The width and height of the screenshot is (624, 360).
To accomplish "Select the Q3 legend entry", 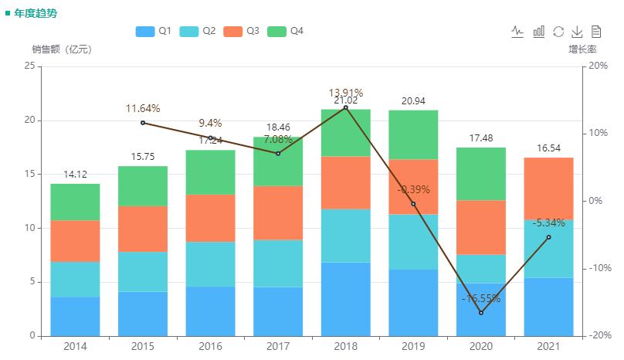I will pyautogui.click(x=241, y=31).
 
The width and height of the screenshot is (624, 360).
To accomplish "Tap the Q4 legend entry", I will pyautogui.click(x=285, y=31).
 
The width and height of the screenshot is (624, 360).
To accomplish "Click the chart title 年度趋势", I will pyautogui.click(x=36, y=14).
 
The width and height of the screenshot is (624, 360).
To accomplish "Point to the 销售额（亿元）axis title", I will pyautogui.click(x=62, y=49).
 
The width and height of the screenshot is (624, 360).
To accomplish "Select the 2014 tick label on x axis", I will pyautogui.click(x=75, y=345).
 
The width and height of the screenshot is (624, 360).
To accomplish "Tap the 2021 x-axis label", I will pyautogui.click(x=548, y=345).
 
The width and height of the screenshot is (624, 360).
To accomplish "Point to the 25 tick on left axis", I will pyautogui.click(x=29, y=66).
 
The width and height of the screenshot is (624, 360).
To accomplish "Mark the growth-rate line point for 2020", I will pyautogui.click(x=480, y=313).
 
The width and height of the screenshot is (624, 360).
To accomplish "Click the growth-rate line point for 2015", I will pyautogui.click(x=143, y=123).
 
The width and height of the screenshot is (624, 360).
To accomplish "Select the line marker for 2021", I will pyautogui.click(x=548, y=237).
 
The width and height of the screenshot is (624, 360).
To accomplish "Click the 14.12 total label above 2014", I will pyautogui.click(x=75, y=175).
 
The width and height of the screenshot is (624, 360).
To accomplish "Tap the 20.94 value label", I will pyautogui.click(x=413, y=101).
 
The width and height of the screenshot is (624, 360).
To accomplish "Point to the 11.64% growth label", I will pyautogui.click(x=143, y=108).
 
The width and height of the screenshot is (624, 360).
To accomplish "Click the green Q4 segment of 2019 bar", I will pyautogui.click(x=413, y=134).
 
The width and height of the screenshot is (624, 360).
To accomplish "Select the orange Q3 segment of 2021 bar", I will pyautogui.click(x=548, y=188).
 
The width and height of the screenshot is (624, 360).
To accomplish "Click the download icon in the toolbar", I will pyautogui.click(x=577, y=32).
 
